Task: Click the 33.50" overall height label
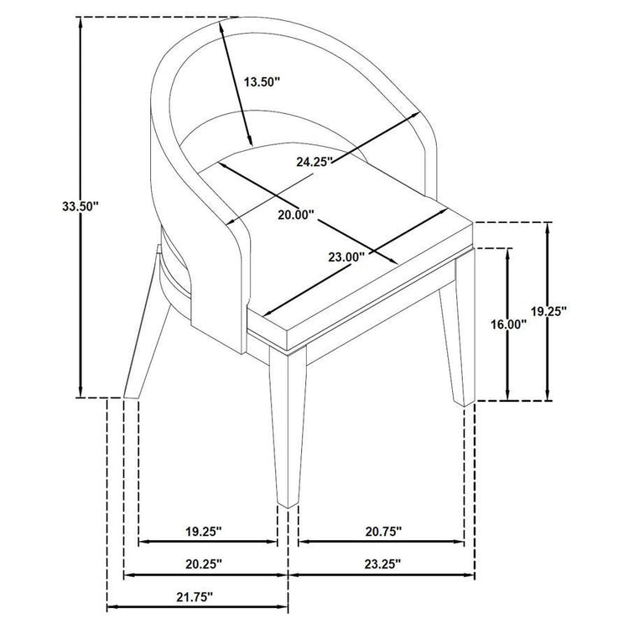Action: (81, 206)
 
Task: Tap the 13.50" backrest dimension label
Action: (262, 82)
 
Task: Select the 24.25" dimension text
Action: (314, 161)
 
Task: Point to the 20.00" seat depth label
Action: (296, 215)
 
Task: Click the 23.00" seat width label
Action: (346, 257)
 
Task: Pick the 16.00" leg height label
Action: (509, 324)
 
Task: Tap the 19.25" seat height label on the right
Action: (548, 310)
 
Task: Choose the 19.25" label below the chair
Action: (204, 532)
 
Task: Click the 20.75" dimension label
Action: (383, 532)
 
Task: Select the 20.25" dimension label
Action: (204, 564)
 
